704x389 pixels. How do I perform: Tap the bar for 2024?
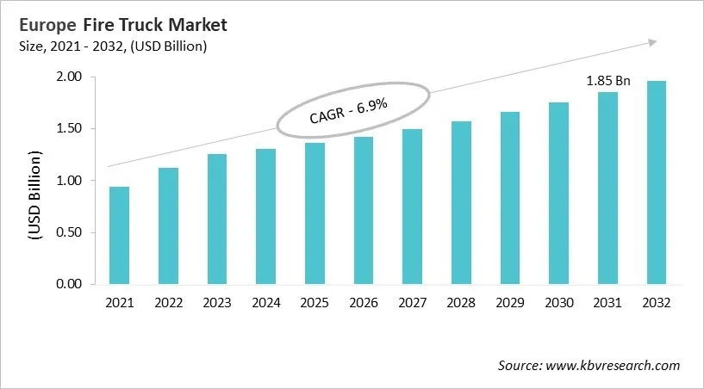coord(265,216)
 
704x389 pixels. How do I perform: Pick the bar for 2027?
coord(412,207)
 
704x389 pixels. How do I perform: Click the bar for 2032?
coord(657,182)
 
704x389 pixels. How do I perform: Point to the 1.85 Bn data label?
coord(608,81)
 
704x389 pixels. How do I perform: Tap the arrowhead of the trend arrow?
coord(653,41)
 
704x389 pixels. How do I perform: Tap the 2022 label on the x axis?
coord(167,303)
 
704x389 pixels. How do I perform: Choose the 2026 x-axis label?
coord(363,303)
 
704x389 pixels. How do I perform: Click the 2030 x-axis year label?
coord(558,303)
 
